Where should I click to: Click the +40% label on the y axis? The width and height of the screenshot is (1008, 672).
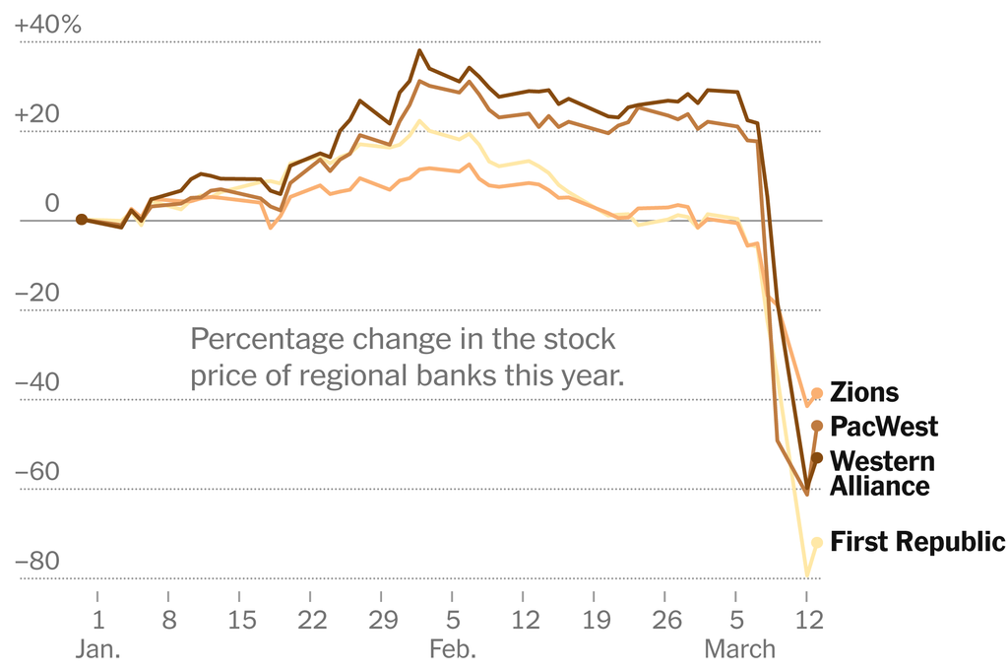coord(47,26)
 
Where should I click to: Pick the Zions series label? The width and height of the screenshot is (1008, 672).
coord(864,392)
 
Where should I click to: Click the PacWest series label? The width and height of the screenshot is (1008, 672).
coord(884,427)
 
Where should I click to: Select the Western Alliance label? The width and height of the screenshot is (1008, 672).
coord(882,473)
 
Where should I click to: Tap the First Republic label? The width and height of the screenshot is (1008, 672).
coord(917,541)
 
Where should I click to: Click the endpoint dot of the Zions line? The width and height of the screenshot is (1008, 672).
coord(817,394)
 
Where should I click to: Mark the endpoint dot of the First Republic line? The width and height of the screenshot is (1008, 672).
coord(817,542)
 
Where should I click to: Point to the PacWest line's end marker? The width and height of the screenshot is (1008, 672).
coord(817,426)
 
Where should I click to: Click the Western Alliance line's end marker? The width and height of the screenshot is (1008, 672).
coord(817,458)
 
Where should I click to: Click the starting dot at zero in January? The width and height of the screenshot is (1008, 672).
coord(82,220)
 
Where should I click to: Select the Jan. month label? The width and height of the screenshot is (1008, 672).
coord(98,650)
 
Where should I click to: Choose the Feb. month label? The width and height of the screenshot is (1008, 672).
coord(453,650)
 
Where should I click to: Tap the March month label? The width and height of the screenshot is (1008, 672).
coord(737,650)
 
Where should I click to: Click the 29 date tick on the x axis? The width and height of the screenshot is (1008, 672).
coord(382,622)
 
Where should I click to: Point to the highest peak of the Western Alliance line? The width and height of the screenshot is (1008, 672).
coord(420,50)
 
